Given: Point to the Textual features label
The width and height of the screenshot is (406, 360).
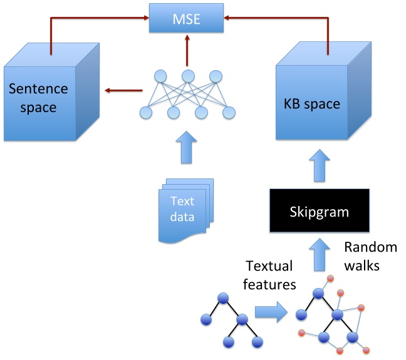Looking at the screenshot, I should [x=269, y=275].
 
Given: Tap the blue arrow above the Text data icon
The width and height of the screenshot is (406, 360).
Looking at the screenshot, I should [x=187, y=148].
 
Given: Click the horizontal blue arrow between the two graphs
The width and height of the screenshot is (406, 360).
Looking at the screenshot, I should [x=269, y=311].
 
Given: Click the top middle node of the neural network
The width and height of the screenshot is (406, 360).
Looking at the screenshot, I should [x=187, y=76].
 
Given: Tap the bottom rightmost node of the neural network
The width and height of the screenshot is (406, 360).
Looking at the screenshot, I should [x=229, y=113].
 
